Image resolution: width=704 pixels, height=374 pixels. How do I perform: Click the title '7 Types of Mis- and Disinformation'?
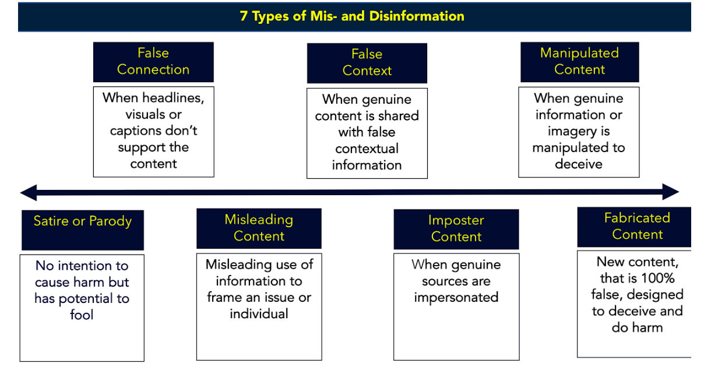pos(352,16)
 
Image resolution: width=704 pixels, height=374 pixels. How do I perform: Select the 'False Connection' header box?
pos(153,62)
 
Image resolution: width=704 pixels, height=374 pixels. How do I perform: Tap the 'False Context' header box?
pos(367,63)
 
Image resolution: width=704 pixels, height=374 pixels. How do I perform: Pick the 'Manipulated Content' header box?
pos(579,61)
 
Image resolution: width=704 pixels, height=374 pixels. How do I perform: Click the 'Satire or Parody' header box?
pos(82,222)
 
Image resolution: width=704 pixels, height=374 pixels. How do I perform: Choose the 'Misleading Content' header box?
pos(259,228)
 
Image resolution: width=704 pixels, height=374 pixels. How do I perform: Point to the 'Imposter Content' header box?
pos(456,228)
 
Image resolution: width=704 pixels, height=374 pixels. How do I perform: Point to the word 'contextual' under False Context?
pos(367,149)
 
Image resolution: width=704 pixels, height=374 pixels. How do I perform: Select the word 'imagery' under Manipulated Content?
pos(571,131)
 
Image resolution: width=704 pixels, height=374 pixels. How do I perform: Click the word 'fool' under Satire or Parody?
pos(82,315)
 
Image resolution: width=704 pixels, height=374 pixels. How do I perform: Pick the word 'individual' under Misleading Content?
pos(259,313)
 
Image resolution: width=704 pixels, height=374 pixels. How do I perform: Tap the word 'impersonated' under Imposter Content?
pos(456,297)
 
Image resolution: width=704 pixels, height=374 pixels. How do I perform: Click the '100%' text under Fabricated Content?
pos(656,278)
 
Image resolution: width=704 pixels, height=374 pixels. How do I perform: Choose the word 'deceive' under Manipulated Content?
pos(578,164)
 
